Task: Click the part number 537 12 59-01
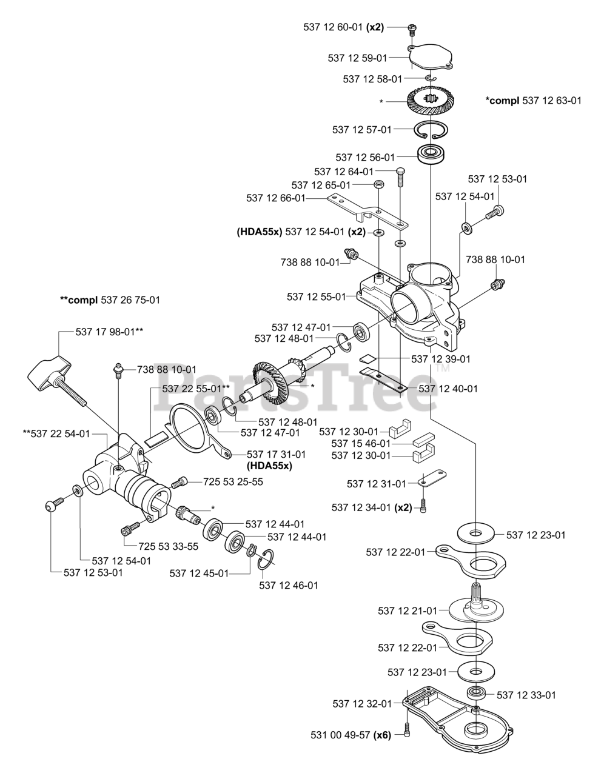point(357,58)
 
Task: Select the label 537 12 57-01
point(362,129)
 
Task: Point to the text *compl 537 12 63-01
point(533,100)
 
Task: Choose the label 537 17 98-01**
point(109,331)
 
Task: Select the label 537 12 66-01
point(276,198)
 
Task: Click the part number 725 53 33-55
point(169,546)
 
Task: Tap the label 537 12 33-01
point(526,695)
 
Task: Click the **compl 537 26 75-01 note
point(110,299)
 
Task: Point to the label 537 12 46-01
point(288,585)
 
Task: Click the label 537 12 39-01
point(441,359)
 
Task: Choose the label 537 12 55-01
point(316,296)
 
